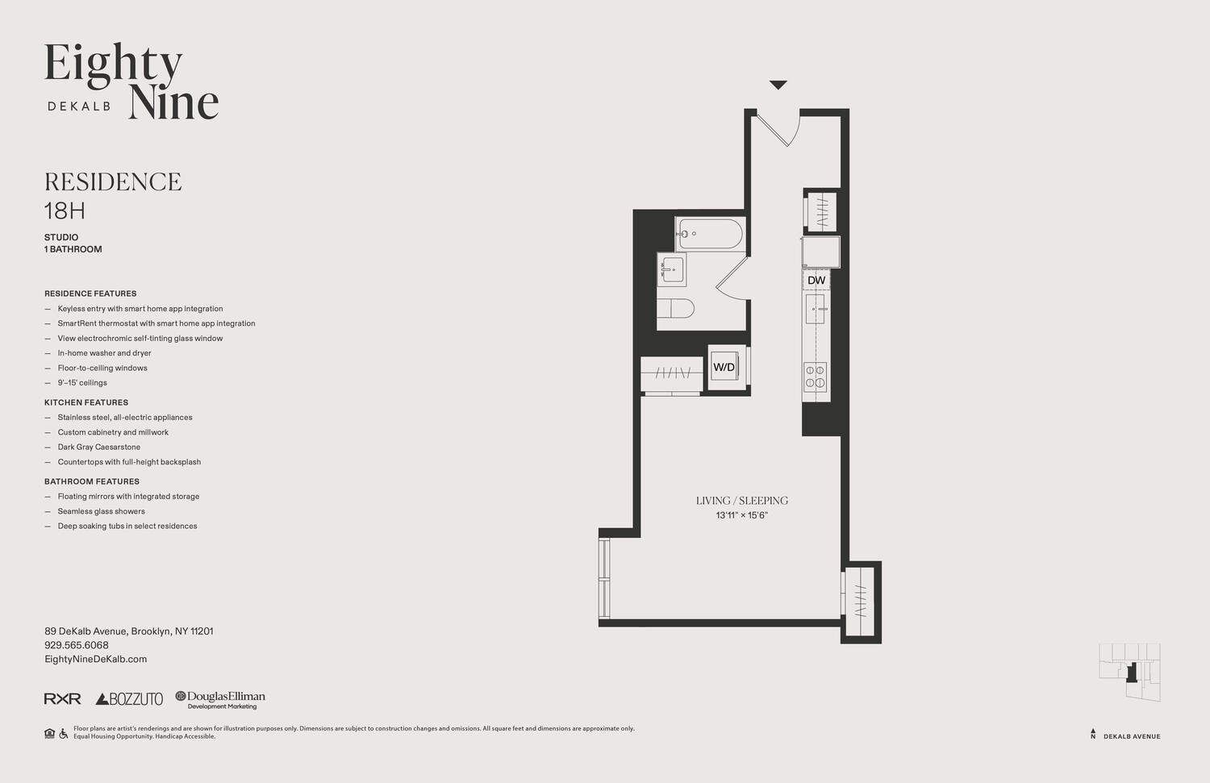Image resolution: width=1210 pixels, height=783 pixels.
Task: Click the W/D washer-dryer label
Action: click(x=724, y=367)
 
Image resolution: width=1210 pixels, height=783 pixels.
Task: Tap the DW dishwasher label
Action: click(x=816, y=281)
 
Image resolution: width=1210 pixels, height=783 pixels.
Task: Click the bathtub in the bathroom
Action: click(x=711, y=234)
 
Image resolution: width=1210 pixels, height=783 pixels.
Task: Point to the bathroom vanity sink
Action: click(x=672, y=269)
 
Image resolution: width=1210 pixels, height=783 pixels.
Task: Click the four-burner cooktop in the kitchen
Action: click(x=816, y=377)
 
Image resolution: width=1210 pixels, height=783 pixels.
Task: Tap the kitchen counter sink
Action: click(x=816, y=309)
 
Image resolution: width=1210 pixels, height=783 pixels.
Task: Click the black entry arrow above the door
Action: click(x=778, y=85)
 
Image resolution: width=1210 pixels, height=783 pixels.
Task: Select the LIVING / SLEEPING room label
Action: click(x=741, y=501)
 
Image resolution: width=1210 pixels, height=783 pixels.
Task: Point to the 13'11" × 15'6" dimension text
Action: click(x=741, y=515)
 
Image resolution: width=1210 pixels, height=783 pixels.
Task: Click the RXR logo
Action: click(x=63, y=699)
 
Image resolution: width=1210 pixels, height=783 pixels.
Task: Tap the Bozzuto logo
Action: click(x=129, y=699)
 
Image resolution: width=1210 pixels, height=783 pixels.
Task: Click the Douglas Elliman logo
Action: click(x=220, y=700)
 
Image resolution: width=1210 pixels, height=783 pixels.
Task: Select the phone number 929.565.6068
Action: click(x=76, y=645)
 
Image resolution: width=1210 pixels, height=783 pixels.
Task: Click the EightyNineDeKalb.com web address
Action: click(x=96, y=660)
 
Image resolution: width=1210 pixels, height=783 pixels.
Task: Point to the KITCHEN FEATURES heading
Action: click(x=86, y=402)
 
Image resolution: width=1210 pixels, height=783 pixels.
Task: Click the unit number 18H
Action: click(x=65, y=210)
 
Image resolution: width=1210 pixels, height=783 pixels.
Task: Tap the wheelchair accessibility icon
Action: click(x=63, y=733)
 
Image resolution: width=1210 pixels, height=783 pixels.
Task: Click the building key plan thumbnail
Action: click(x=1129, y=673)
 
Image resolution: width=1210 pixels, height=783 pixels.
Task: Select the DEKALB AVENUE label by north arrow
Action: click(x=1132, y=736)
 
